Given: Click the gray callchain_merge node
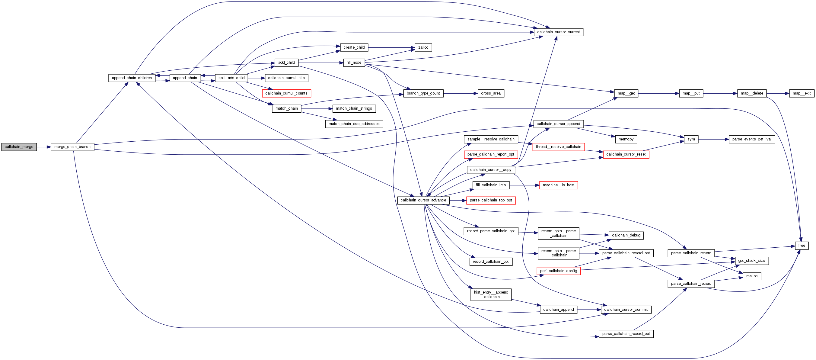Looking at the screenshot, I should coord(19,147).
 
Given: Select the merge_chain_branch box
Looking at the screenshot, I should coord(72,147).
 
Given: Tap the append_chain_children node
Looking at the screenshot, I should coord(132,78).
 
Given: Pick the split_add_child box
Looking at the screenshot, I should coord(231,78).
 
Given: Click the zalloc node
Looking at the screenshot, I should coord(423,47).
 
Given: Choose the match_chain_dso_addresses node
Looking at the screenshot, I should coord(354,124).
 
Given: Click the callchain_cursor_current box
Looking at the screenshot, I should coord(558,32).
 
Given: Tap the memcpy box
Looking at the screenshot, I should coord(626,140).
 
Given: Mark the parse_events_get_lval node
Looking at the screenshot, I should coord(752,140).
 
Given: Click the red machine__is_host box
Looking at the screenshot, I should coord(558,185).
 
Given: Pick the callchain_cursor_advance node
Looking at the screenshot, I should coord(423,201).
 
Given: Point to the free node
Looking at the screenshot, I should coord(802,246).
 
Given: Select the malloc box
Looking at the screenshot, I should coord(751,276).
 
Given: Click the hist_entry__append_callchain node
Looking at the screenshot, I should coord(491,295).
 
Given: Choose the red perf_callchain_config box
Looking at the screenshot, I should coord(558,271).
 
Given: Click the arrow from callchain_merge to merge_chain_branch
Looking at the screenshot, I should coord(44,147).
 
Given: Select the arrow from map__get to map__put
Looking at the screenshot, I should coord(658,94).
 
